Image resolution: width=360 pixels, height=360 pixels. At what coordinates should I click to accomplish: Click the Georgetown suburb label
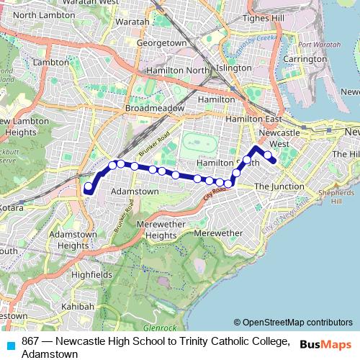(161, 43)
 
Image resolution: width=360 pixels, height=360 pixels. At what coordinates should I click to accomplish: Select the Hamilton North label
(176, 70)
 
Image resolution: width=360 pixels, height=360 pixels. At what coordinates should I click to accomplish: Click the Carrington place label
(305, 58)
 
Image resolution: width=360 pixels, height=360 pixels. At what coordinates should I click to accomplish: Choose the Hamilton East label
(253, 117)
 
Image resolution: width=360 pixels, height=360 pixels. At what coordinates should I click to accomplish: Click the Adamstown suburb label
(135, 192)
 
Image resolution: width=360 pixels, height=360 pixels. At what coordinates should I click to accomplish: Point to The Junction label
(279, 186)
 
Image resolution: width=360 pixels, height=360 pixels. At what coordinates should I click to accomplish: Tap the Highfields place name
(91, 274)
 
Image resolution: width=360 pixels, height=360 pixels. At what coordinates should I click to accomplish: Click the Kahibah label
(78, 306)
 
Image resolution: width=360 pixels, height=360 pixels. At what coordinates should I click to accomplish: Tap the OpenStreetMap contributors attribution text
(297, 323)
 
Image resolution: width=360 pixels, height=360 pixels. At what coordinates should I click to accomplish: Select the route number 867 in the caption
(30, 341)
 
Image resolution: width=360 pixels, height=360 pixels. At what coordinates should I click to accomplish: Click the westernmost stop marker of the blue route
(89, 187)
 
